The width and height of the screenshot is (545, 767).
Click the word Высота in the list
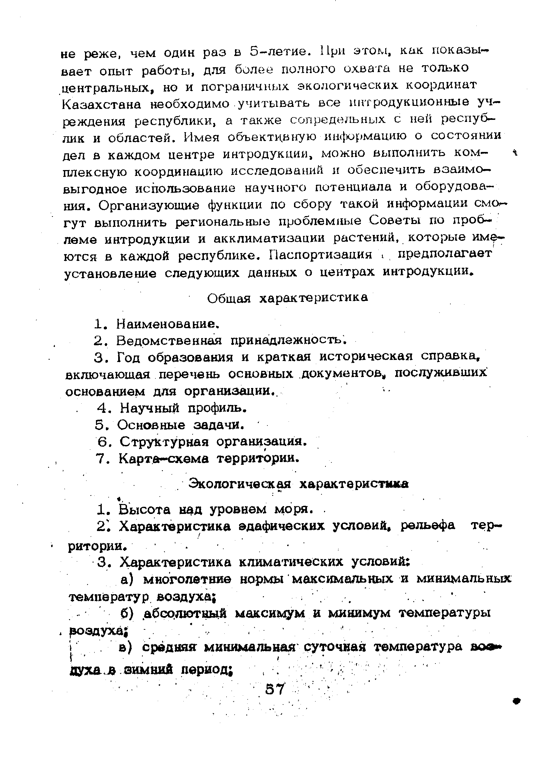[145, 510]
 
